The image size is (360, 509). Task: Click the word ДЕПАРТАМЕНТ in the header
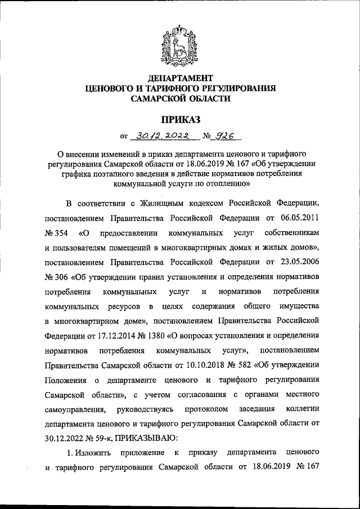(180, 77)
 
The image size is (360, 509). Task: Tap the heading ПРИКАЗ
(180, 119)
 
